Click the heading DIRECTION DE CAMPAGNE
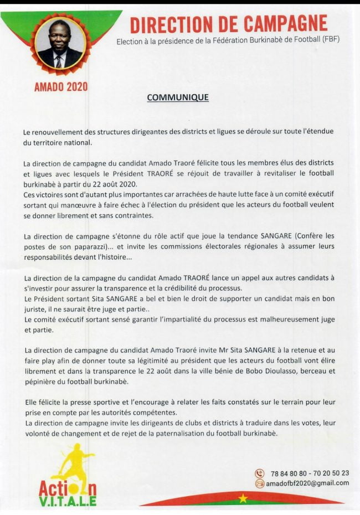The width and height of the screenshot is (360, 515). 228,24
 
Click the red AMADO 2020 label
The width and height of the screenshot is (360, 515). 61,87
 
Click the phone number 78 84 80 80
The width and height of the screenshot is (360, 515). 291,473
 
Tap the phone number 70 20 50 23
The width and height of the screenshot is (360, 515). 331,473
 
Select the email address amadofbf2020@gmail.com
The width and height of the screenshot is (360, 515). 307,483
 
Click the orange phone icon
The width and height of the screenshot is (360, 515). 259,473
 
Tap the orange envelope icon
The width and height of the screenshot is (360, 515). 259,483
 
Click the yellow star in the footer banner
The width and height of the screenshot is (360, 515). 243,498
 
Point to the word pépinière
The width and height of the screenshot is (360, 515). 40,382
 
